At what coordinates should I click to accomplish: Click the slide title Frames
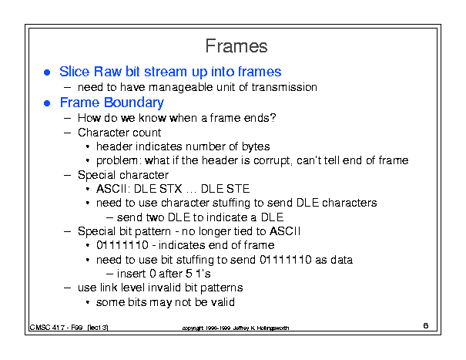tap(236, 46)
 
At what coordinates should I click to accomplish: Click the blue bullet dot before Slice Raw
tap(47, 72)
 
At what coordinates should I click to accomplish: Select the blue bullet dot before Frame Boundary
tap(47, 103)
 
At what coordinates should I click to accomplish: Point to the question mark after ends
tap(273, 118)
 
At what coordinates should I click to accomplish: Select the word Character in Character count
tap(103, 133)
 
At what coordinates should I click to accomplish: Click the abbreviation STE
tap(238, 189)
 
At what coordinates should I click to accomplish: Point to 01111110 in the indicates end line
tap(122, 245)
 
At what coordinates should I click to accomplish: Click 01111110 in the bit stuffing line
tap(286, 260)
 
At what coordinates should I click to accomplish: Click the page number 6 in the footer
tap(426, 326)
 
